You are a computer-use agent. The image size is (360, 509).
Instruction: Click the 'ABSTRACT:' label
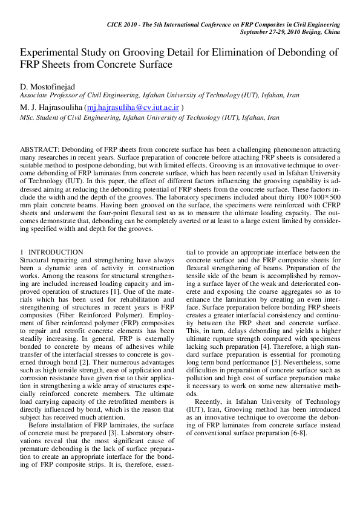(39, 149)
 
